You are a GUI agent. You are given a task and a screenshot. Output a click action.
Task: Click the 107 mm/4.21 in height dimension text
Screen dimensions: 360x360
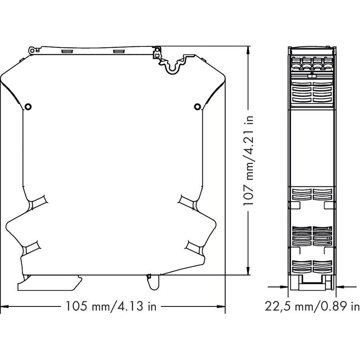tap(248, 161)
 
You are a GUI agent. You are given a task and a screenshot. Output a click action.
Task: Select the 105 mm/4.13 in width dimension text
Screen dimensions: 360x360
tap(111, 306)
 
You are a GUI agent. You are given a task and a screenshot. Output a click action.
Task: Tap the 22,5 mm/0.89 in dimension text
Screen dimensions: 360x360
tap(312, 306)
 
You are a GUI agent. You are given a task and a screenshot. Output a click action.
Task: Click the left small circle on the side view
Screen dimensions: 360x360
tap(28, 107)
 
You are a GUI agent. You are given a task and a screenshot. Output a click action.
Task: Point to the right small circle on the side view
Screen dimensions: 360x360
tap(198, 107)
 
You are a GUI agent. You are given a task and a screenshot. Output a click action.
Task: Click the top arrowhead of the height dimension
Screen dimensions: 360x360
tap(248, 50)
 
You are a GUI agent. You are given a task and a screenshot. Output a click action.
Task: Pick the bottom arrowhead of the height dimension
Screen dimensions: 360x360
tap(248, 270)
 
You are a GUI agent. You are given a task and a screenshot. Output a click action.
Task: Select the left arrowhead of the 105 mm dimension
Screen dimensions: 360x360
tap(4, 306)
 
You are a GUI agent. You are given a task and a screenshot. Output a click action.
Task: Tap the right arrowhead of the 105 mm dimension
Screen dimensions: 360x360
tap(221, 306)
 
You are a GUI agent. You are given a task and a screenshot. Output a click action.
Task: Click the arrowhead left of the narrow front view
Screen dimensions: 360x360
tap(284, 287)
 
